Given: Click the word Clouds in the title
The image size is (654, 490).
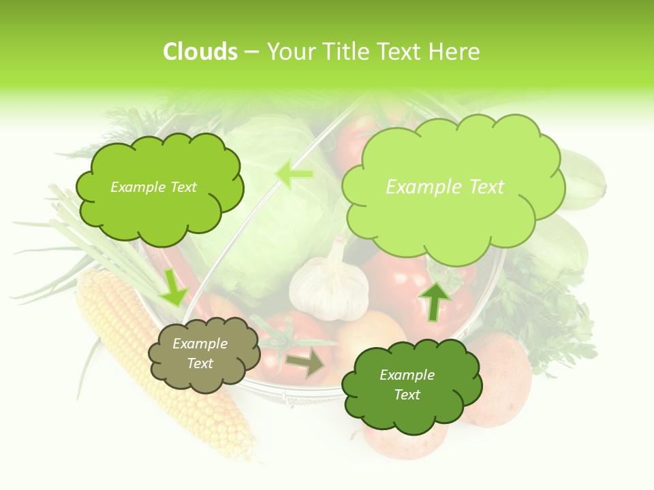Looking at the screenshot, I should (200, 52).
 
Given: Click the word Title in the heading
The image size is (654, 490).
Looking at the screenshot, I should (345, 52).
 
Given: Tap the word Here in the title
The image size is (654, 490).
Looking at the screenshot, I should (454, 52).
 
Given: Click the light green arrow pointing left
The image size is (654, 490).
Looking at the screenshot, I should (294, 174).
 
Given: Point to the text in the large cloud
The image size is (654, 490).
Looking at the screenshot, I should (445, 187).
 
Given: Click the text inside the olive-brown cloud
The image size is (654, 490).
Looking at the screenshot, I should (200, 354).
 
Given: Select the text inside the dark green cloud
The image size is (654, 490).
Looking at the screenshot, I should (407, 385).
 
